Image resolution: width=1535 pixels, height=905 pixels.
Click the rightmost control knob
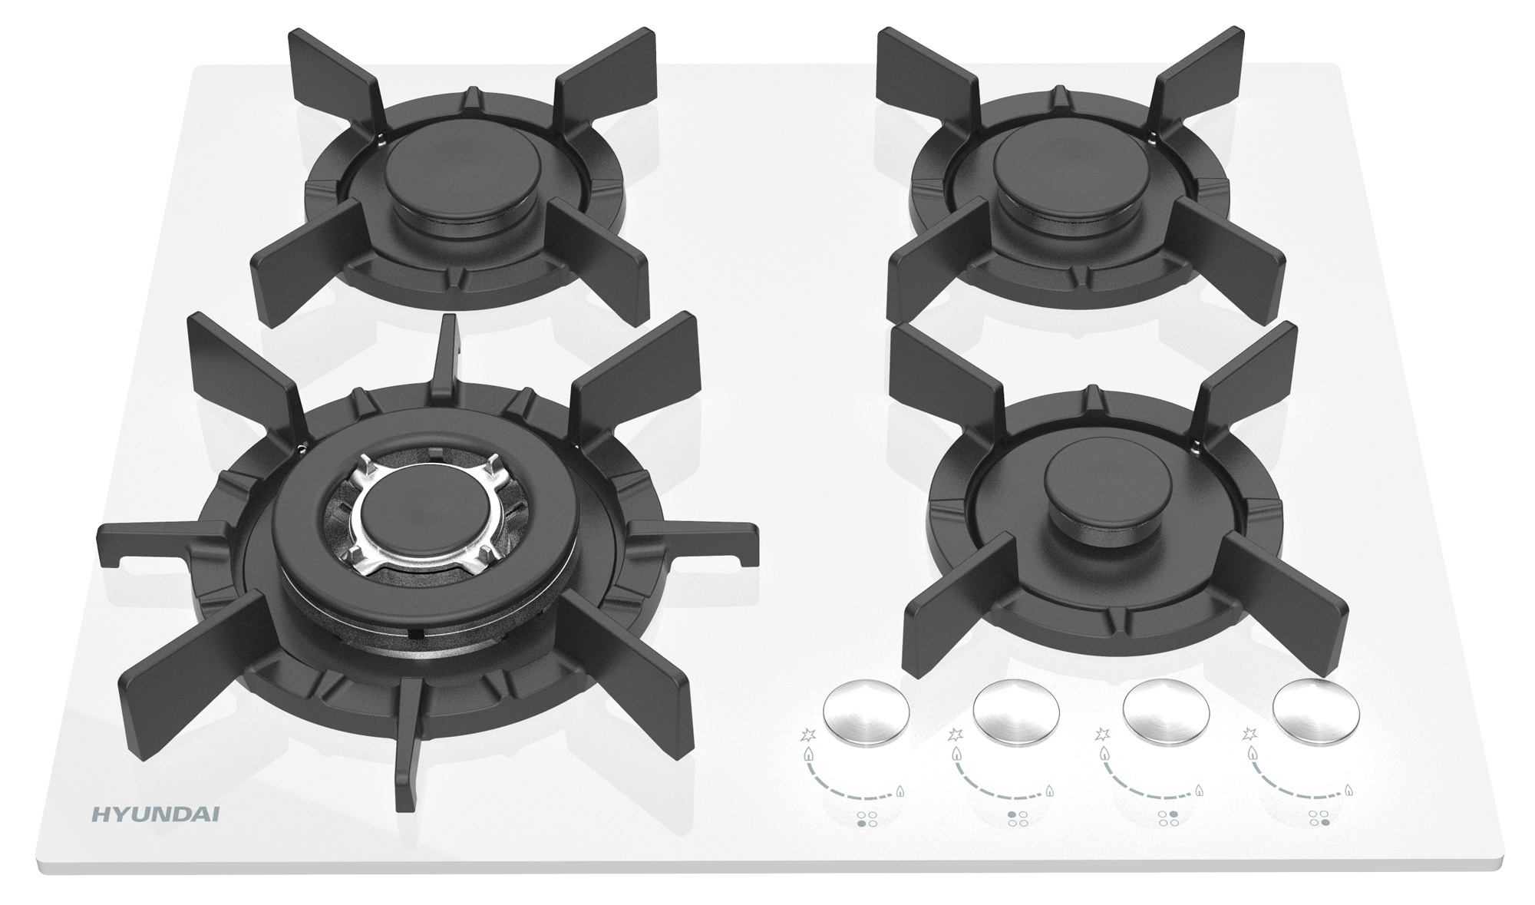click(x=1315, y=711)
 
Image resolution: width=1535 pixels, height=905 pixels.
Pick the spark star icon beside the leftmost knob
click(x=807, y=735)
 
